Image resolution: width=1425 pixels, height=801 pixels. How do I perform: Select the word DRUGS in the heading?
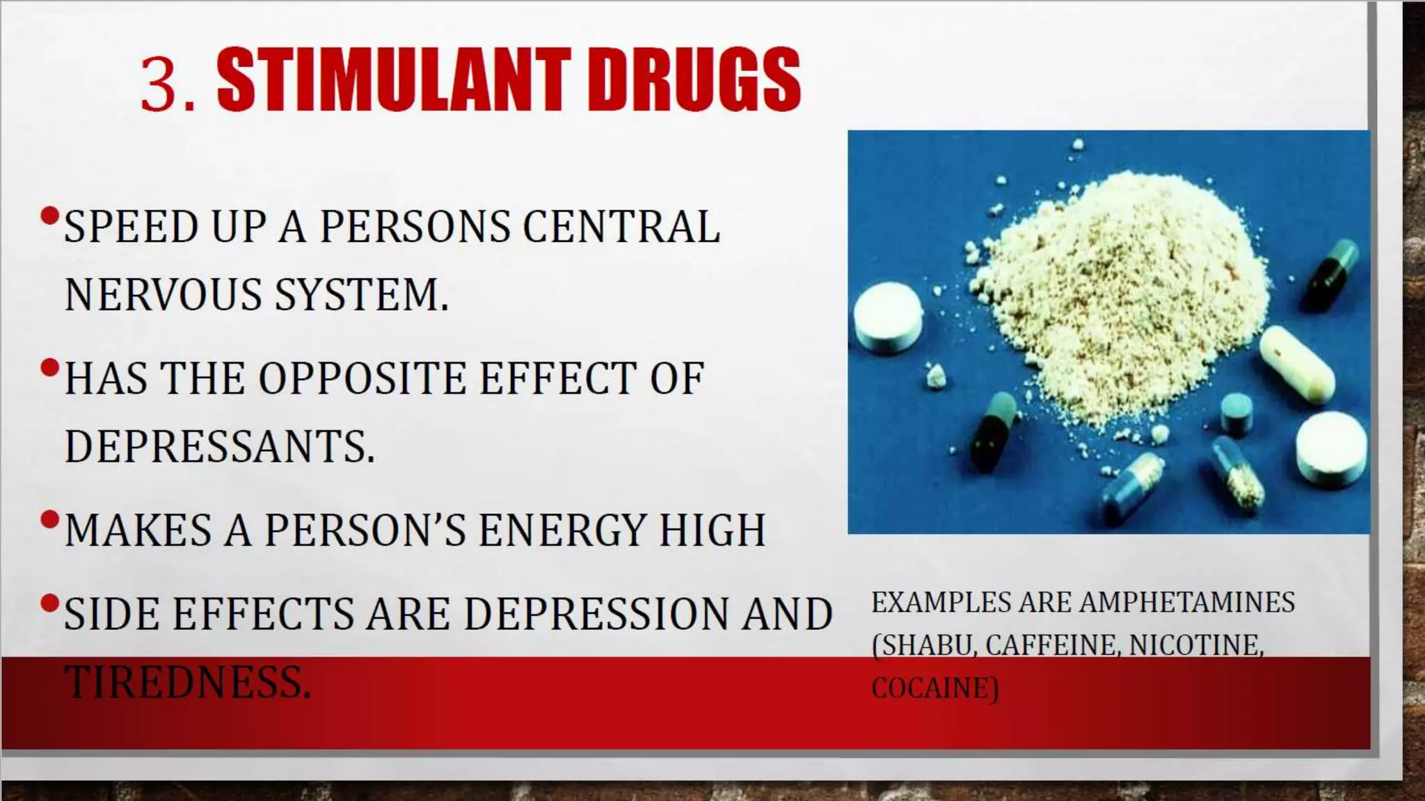pyautogui.click(x=694, y=81)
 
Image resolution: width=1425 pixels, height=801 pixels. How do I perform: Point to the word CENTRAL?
pyautogui.click(x=621, y=227)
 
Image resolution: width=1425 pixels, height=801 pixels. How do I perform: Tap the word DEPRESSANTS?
pyautogui.click(x=220, y=446)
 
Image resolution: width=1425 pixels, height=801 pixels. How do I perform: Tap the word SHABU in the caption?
pyautogui.click(x=926, y=645)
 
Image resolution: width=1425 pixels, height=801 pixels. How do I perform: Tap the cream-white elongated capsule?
pyautogui.click(x=1297, y=364)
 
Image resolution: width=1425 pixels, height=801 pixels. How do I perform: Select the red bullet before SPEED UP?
pyautogui.click(x=49, y=216)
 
